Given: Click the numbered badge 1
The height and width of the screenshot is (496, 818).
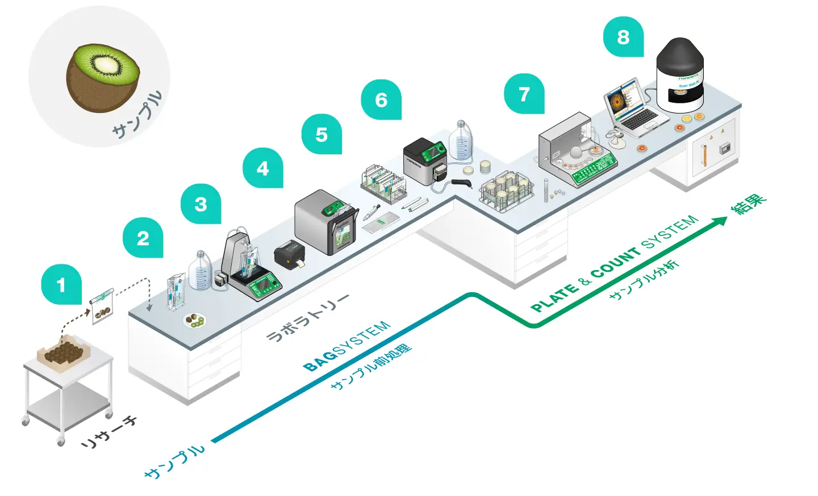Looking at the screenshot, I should pyautogui.click(x=61, y=284).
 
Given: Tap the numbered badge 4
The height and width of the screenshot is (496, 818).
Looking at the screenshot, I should pyautogui.click(x=262, y=168).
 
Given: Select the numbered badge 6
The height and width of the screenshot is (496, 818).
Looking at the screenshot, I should pyautogui.click(x=381, y=100).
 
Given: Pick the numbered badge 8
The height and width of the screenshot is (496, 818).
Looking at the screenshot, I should pyautogui.click(x=623, y=37).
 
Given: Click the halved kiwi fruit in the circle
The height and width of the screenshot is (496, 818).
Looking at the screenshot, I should pyautogui.click(x=103, y=78).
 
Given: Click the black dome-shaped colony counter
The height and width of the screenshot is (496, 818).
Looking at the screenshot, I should pyautogui.click(x=680, y=74).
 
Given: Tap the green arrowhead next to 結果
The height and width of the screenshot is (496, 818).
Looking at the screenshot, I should pyautogui.click(x=721, y=221).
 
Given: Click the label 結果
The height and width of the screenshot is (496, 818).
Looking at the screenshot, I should pyautogui.click(x=748, y=204).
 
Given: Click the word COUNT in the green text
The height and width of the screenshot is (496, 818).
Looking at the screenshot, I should pyautogui.click(x=616, y=260).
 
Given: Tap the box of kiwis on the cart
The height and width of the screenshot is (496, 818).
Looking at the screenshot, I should pyautogui.click(x=63, y=352).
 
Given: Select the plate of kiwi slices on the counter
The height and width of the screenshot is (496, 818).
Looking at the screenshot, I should pyautogui.click(x=194, y=321).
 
